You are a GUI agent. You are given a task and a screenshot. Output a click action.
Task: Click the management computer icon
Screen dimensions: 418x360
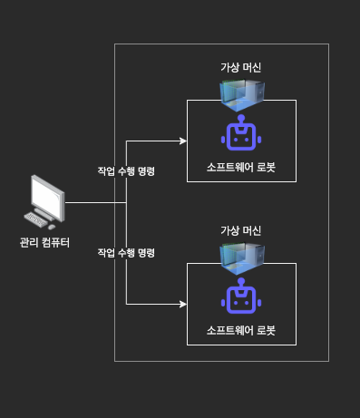coord(46,201)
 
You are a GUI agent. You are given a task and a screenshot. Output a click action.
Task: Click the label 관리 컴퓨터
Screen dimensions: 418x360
coord(45,242)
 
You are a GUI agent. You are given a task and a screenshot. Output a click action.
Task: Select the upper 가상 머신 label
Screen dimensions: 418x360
coord(241,68)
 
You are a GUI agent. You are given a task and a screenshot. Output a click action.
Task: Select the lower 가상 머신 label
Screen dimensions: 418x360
coord(241,231)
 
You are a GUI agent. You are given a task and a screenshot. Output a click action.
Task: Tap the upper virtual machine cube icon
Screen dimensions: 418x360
coord(241,91)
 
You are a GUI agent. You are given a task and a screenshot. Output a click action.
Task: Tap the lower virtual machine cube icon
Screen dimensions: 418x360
coord(241,254)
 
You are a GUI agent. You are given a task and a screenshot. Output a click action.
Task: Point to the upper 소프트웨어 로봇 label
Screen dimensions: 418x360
coord(240,168)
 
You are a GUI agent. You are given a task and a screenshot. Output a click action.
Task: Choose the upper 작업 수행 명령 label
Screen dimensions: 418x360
coord(126,171)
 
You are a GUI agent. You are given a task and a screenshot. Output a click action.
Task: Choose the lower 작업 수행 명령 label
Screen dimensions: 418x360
coord(126,252)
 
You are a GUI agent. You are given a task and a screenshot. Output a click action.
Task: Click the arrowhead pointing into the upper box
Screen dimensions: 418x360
coord(182,141)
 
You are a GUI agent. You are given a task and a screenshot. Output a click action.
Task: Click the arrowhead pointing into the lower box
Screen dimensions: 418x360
coord(182,304)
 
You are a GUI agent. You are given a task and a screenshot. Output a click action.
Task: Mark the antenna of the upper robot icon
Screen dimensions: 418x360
coord(241,120)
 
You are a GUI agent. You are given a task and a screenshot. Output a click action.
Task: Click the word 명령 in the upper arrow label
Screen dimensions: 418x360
coord(145,171)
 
